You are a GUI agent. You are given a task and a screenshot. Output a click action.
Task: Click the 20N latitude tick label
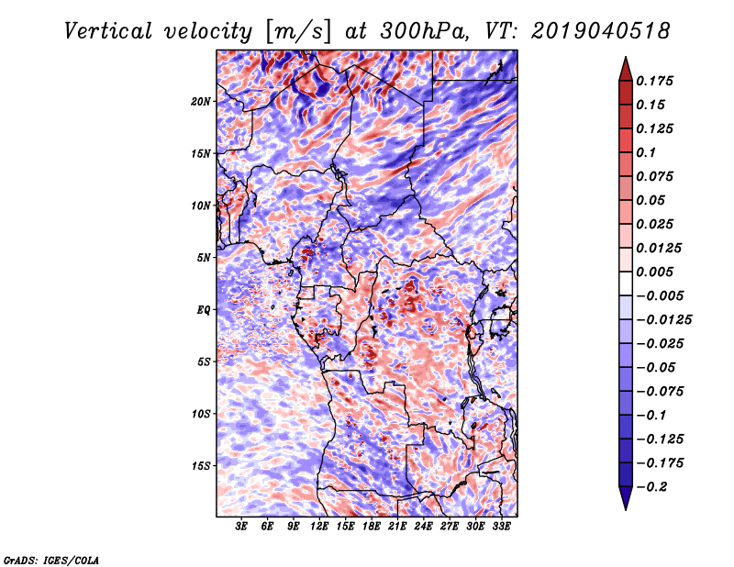click(201, 101)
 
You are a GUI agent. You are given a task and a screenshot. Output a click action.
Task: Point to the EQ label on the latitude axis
click(203, 309)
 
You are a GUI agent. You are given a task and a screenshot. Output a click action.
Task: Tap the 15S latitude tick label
click(201, 466)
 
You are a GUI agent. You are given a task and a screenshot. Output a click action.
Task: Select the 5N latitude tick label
click(204, 258)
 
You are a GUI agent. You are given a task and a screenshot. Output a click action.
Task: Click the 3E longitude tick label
click(241, 527)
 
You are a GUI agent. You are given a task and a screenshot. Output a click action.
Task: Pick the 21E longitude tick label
click(397, 527)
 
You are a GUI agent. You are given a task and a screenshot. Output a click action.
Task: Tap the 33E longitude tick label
click(501, 527)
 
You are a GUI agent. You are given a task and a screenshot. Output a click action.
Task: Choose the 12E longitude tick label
click(319, 527)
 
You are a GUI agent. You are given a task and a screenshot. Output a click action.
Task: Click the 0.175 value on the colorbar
click(654, 81)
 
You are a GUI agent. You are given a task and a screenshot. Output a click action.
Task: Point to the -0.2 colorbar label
click(651, 487)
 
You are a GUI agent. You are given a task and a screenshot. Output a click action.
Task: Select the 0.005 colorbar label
click(654, 272)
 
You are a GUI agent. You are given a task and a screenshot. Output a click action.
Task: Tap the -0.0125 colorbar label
click(663, 320)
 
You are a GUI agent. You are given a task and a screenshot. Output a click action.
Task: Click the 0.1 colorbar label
click(646, 152)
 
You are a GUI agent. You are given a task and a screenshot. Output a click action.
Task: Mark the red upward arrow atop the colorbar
click(626, 69)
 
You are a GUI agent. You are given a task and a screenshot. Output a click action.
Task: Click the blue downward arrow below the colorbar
click(626, 498)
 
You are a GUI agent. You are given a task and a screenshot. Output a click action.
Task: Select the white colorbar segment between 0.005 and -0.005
click(626, 283)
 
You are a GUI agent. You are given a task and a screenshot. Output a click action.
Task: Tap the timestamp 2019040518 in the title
click(601, 31)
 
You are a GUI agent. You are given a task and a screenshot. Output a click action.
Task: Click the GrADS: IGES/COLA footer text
click(51, 561)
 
